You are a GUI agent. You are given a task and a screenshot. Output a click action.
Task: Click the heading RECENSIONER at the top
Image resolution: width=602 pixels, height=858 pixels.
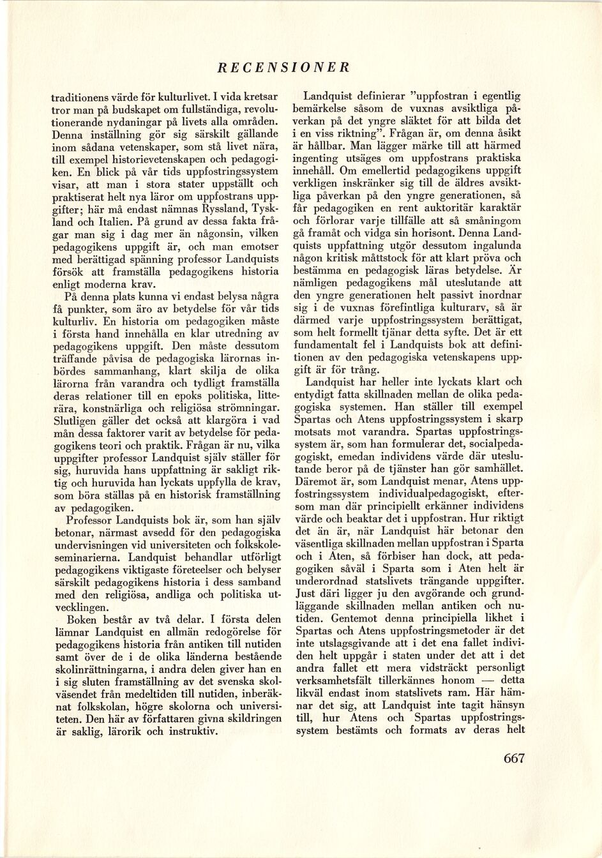[283, 66]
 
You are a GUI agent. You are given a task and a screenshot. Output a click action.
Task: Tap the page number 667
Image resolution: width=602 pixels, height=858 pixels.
[513, 757]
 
